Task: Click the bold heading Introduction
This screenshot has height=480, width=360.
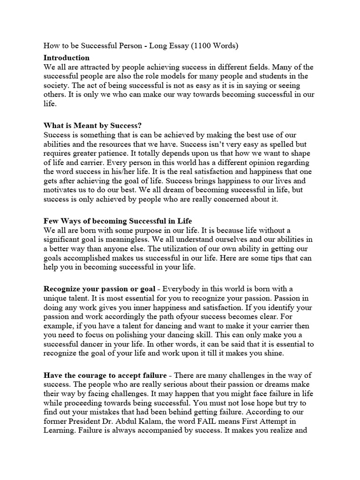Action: tap(66, 58)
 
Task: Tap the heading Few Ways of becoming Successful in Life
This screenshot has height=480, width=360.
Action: tap(118, 221)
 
